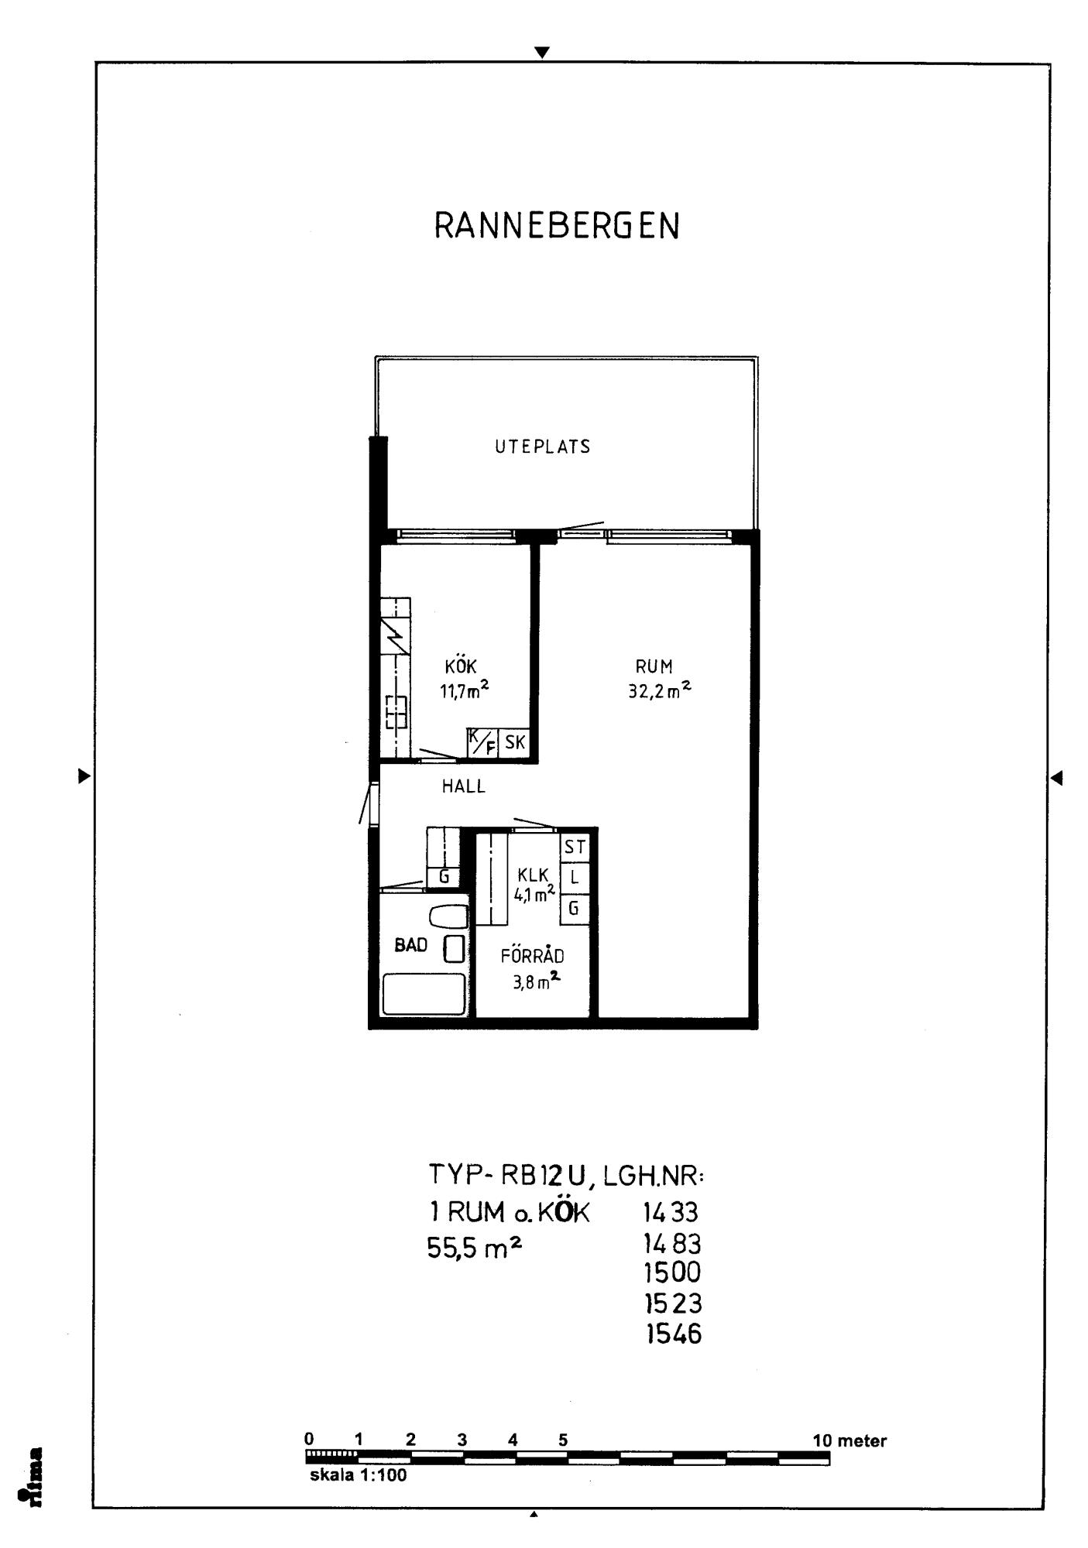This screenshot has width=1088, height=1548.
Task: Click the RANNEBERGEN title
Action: tap(557, 226)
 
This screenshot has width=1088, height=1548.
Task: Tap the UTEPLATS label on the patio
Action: tap(543, 447)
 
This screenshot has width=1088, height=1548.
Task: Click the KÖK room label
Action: tap(461, 666)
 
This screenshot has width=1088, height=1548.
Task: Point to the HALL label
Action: tap(464, 786)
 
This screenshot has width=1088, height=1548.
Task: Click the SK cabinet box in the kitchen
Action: tap(515, 743)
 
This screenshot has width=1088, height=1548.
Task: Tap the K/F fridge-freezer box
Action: tap(482, 743)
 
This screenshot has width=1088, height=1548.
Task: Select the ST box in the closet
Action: tap(575, 847)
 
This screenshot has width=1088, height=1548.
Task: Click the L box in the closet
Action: tap(575, 878)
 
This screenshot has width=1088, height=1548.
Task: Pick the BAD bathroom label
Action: tap(411, 945)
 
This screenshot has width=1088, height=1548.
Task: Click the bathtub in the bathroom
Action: tap(424, 993)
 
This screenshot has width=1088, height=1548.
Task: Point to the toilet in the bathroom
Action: tap(448, 916)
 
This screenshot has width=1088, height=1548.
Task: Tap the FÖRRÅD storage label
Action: tap(532, 955)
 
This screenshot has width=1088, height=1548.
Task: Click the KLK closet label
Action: tap(533, 875)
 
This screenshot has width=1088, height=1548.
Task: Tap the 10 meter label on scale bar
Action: tap(849, 1440)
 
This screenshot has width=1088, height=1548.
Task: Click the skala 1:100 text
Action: tap(358, 1474)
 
